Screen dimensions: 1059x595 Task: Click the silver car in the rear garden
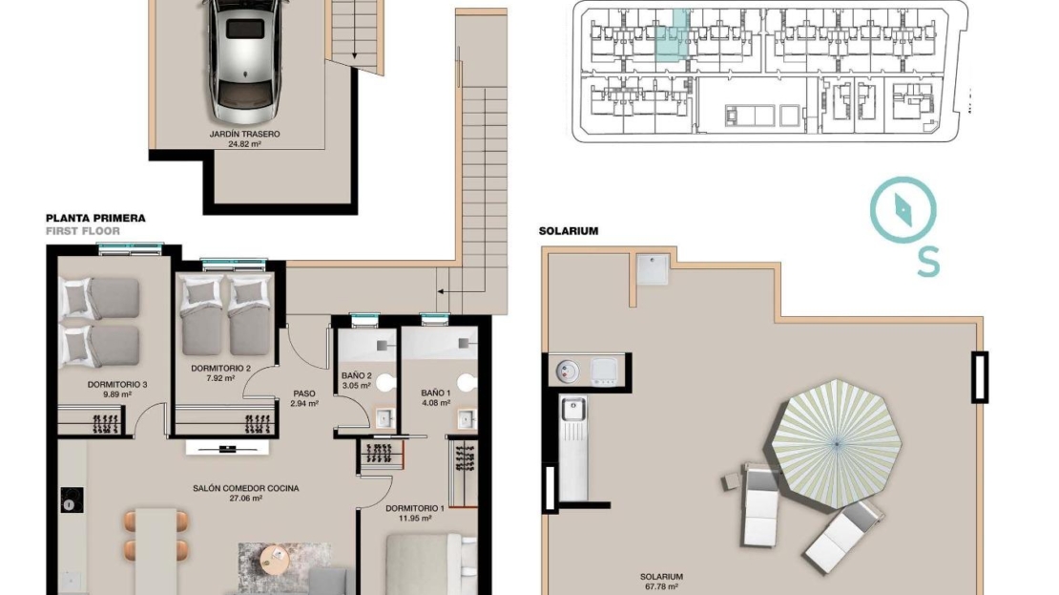(x=245, y=59)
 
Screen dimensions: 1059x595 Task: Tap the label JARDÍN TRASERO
(x=244, y=134)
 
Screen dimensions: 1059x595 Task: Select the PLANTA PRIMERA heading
(x=96, y=219)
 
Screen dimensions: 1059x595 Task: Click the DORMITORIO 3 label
(x=117, y=385)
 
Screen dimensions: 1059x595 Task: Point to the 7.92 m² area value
(x=220, y=378)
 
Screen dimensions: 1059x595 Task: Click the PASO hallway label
(x=304, y=393)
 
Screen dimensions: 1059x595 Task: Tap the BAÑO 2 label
(x=356, y=376)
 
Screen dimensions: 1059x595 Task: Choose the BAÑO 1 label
(x=435, y=393)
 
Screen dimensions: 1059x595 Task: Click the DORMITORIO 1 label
(x=415, y=508)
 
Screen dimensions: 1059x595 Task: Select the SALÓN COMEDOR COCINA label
(x=246, y=488)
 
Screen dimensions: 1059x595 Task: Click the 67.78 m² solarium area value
(x=662, y=587)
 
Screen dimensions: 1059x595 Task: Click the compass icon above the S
(x=903, y=209)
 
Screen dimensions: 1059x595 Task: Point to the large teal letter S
(x=928, y=263)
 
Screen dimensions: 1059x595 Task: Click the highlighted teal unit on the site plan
(x=672, y=36)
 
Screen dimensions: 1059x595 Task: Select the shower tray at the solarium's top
(x=654, y=268)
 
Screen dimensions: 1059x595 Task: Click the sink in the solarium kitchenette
(x=573, y=409)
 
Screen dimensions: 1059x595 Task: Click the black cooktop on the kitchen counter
(x=72, y=499)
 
